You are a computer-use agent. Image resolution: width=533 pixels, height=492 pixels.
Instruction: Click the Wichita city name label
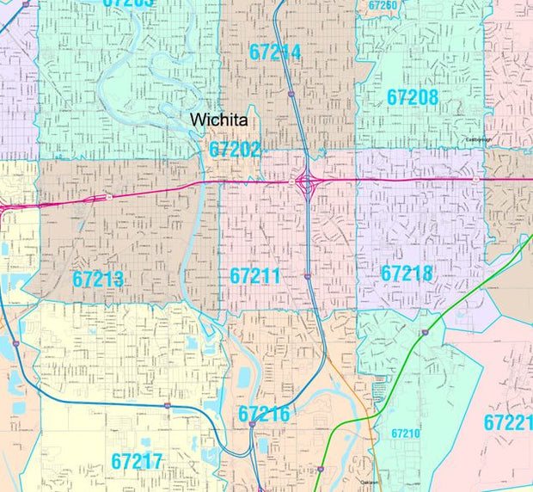tap(219, 120)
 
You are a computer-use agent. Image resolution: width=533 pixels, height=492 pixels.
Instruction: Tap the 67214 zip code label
tap(275, 52)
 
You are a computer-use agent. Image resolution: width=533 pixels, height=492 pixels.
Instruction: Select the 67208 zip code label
tap(413, 97)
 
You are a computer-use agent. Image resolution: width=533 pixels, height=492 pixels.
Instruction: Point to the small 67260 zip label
tap(383, 5)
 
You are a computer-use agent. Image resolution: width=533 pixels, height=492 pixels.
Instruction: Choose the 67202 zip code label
tap(235, 150)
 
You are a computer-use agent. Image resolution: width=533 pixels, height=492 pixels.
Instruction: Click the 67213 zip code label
tap(98, 280)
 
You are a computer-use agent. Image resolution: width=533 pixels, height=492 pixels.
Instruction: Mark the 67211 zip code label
tap(255, 276)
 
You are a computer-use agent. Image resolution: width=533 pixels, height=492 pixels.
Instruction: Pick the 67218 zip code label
tap(407, 274)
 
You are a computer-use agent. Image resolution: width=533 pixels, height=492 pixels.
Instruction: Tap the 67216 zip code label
tap(264, 415)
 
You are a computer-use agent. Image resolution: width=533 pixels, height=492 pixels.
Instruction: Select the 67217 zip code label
tap(137, 461)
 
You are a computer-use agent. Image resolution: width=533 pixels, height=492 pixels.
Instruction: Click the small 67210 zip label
tap(405, 434)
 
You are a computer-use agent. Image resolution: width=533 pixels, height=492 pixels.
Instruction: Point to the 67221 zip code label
tap(507, 422)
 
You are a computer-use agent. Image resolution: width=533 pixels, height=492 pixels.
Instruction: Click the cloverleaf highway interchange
tap(307, 181)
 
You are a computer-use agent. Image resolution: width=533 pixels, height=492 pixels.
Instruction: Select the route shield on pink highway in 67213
tap(110, 197)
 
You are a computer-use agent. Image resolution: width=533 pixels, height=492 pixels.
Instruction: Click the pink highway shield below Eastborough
tap(475, 179)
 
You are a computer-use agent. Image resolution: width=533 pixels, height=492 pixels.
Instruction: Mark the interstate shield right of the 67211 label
tap(306, 276)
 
